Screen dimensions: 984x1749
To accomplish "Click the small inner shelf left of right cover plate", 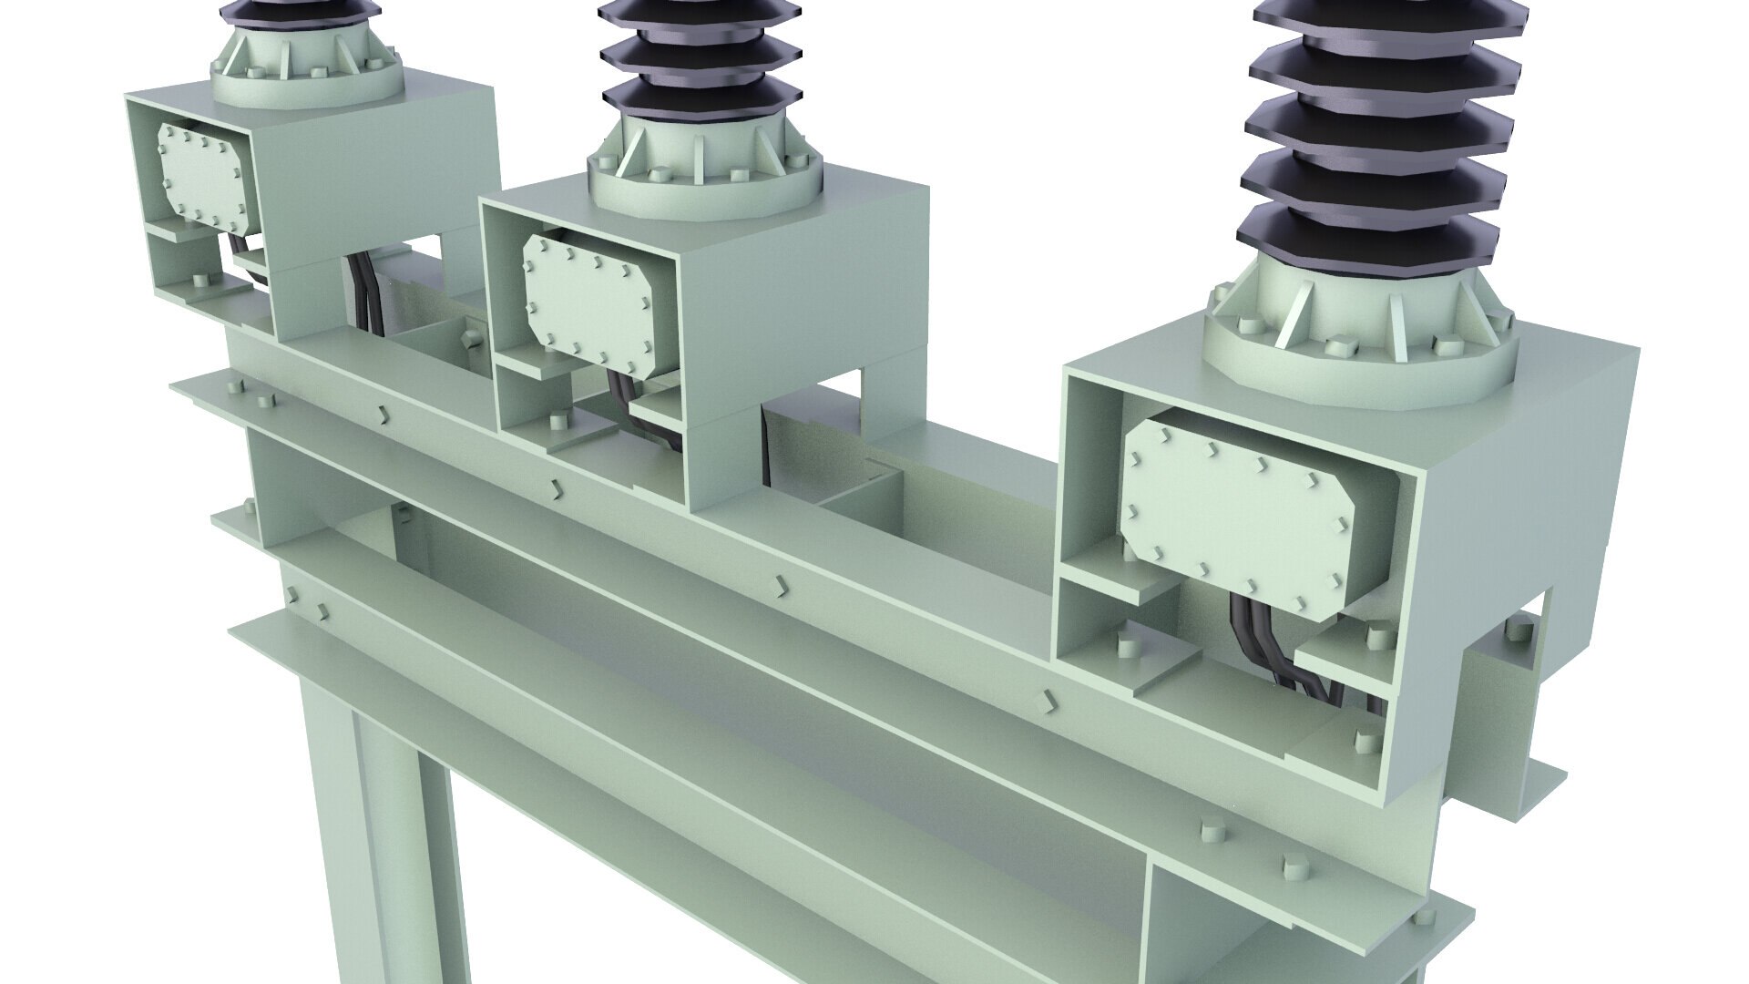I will tap(1120, 583).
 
